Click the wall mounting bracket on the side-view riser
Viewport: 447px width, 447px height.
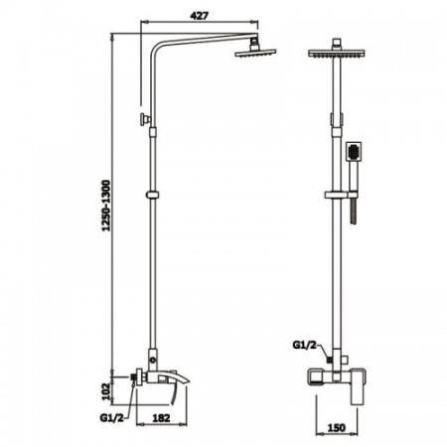[145, 120]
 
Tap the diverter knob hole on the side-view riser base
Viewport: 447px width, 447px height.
[152, 355]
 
